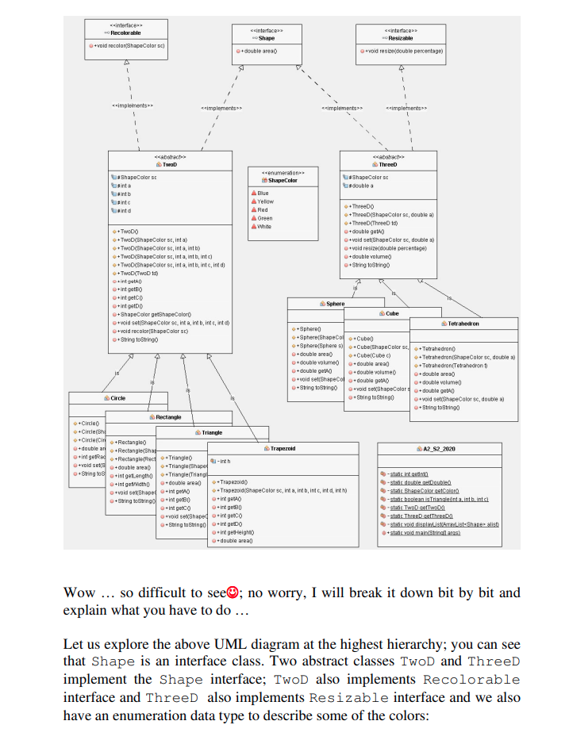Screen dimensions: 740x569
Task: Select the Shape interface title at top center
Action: click(x=267, y=38)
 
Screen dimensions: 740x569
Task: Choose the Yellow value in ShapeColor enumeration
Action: click(x=266, y=201)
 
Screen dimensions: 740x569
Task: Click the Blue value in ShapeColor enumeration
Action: click(x=263, y=193)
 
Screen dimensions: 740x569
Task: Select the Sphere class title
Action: click(x=336, y=304)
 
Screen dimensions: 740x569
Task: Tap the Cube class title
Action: click(x=392, y=314)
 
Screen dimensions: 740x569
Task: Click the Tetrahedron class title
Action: click(x=463, y=324)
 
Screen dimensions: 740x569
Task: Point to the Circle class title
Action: click(x=117, y=397)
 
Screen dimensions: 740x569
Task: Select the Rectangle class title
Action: click(x=167, y=416)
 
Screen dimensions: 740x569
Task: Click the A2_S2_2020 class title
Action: click(x=439, y=449)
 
